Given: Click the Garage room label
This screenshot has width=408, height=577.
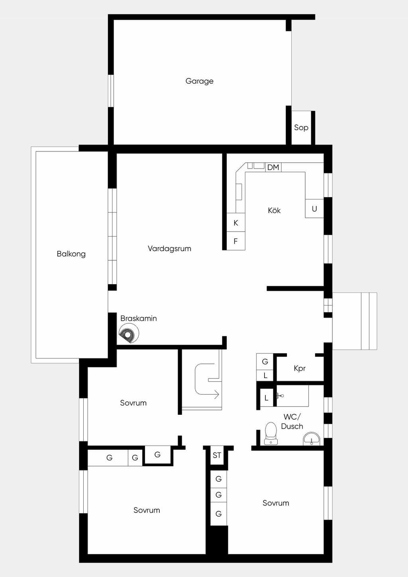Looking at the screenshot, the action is (x=199, y=81).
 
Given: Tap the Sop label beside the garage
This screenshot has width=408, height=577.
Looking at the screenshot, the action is (x=301, y=128).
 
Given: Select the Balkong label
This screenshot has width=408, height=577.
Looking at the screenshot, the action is (x=71, y=254).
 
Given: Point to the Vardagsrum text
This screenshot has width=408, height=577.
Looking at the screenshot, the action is (x=169, y=249).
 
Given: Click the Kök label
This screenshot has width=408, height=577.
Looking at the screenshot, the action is (x=274, y=210).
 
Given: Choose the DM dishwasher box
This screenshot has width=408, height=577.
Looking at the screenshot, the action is (x=273, y=167).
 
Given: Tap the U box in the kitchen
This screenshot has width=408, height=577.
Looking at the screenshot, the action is (x=314, y=208).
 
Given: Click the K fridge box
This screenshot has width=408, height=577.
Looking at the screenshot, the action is (x=236, y=223).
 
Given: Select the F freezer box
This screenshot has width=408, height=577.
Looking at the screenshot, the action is (x=236, y=241).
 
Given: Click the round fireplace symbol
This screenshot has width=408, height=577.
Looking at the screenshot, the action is (x=129, y=333).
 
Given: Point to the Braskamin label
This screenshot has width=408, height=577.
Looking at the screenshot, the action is (x=139, y=318).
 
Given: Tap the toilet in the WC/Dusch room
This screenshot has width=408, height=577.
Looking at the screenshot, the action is (x=271, y=434).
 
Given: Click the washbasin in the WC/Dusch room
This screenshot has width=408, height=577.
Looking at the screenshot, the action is (x=312, y=438).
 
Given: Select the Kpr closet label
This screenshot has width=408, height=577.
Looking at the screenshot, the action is (x=300, y=369).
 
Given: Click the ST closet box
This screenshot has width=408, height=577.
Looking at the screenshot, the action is (x=217, y=455).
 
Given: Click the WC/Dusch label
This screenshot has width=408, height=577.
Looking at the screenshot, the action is (x=292, y=422).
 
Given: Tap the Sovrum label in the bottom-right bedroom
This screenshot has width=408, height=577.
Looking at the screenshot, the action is (x=276, y=503).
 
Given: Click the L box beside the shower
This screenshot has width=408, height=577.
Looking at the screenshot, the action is (x=267, y=398).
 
